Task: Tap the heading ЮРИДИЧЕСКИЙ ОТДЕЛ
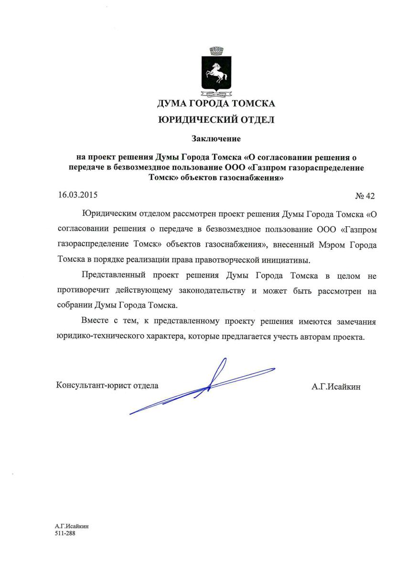216,120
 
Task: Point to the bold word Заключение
216,139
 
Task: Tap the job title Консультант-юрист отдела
107,384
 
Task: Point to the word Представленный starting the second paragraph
113,276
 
